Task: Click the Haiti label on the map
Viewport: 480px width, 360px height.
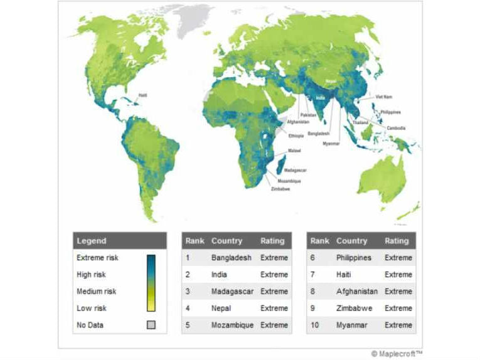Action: click(142, 95)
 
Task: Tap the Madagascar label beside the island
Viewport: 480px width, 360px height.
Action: click(294, 171)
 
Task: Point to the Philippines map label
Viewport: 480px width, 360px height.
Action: click(390, 112)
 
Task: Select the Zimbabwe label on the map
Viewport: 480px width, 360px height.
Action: click(280, 188)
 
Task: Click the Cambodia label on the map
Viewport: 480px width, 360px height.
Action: click(395, 128)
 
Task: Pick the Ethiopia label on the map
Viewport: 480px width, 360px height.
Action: click(296, 135)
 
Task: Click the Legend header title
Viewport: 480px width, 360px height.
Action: click(92, 241)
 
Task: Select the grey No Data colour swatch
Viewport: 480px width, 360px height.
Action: click(151, 325)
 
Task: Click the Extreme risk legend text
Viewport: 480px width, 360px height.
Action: click(97, 258)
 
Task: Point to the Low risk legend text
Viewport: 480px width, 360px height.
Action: click(92, 308)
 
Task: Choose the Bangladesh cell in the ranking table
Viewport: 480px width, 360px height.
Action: click(231, 258)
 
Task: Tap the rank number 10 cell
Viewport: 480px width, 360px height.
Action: click(315, 325)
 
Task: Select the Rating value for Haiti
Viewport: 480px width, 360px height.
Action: click(398, 275)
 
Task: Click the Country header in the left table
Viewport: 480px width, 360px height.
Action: click(227, 241)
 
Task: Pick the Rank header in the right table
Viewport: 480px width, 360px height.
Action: click(319, 241)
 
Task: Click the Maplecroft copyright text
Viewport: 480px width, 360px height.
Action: click(397, 354)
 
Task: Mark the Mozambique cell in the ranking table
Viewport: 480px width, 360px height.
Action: click(232, 325)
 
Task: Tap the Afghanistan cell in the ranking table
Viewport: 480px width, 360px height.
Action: click(357, 292)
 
